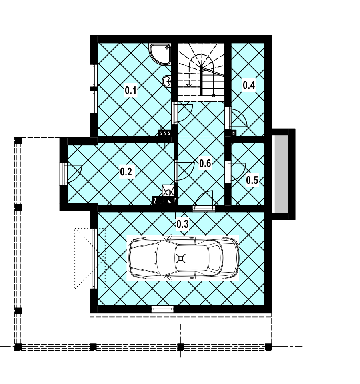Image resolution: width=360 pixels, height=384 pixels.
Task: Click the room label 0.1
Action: tap(130, 90)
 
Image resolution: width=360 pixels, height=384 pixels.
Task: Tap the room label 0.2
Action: tap(126, 171)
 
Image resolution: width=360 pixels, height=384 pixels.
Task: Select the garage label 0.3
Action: tap(182, 224)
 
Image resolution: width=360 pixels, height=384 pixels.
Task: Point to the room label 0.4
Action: tap(249, 85)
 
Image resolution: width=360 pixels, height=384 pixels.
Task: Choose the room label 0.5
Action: tap(252, 180)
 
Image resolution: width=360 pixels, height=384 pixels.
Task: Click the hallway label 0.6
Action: tap(205, 163)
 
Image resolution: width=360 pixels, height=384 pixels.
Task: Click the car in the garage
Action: tap(183, 258)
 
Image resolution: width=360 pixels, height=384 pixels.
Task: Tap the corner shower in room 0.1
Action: tap(160, 54)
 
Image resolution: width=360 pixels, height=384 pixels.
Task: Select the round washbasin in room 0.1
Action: tap(167, 80)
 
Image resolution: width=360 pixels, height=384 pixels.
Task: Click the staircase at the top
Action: tap(201, 70)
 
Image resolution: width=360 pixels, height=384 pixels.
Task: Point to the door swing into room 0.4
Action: tap(237, 119)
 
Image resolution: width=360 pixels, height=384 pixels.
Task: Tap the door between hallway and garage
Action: tap(204, 201)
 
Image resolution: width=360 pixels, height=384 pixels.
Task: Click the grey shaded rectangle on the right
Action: tap(281, 174)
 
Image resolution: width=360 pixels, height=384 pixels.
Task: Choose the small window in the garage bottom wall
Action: tap(162, 309)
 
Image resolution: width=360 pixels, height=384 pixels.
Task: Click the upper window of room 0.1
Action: tap(94, 75)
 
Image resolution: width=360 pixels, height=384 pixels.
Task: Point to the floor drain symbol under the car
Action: tap(181, 258)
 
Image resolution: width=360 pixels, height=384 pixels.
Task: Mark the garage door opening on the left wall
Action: tap(94, 259)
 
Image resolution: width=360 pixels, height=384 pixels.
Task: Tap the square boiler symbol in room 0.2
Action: tap(168, 190)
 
